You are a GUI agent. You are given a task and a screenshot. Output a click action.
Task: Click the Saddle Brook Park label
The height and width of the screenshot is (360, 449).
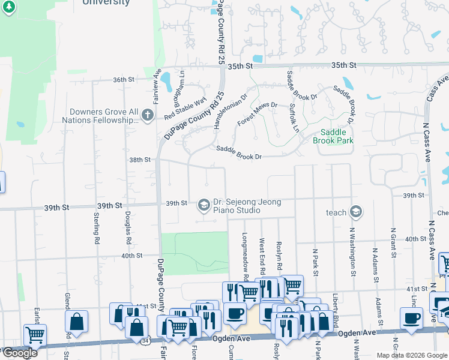(x=333, y=136)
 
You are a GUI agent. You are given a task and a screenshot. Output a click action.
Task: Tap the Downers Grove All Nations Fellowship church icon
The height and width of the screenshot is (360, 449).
(x=148, y=119)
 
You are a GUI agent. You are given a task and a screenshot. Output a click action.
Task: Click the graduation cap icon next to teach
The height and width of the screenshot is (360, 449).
(x=356, y=212)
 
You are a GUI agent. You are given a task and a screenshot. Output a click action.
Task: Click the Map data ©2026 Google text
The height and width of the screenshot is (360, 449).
(x=411, y=355)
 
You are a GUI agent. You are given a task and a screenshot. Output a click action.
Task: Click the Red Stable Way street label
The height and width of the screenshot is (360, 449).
(x=185, y=107)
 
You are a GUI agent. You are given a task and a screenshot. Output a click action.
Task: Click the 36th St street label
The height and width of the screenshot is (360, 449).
(x=122, y=79)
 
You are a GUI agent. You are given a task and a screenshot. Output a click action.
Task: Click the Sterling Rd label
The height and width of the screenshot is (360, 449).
(x=97, y=227)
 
